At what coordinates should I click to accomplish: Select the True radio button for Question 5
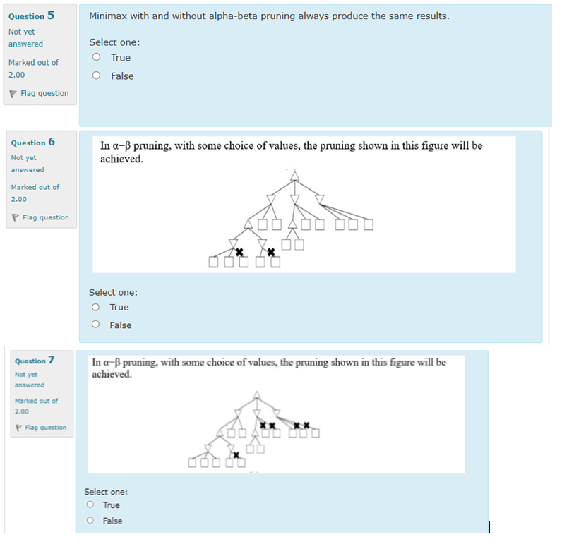point(96,58)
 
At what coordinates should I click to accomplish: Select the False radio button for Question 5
point(96,76)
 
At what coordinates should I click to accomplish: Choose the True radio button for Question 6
point(95,307)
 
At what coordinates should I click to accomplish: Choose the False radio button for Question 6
point(95,325)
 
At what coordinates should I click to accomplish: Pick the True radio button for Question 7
point(90,505)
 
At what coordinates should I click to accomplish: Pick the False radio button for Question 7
point(90,521)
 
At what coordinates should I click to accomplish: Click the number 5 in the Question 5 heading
point(51,16)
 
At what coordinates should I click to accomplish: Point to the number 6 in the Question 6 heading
point(52,142)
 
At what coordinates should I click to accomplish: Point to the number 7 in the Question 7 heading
point(52,361)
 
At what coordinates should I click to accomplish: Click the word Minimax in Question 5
point(109,16)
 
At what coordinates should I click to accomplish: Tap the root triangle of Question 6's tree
point(295,174)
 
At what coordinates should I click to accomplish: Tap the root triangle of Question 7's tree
point(257,394)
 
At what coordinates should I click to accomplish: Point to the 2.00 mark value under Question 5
point(16,75)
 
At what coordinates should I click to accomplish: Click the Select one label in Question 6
point(113,292)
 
